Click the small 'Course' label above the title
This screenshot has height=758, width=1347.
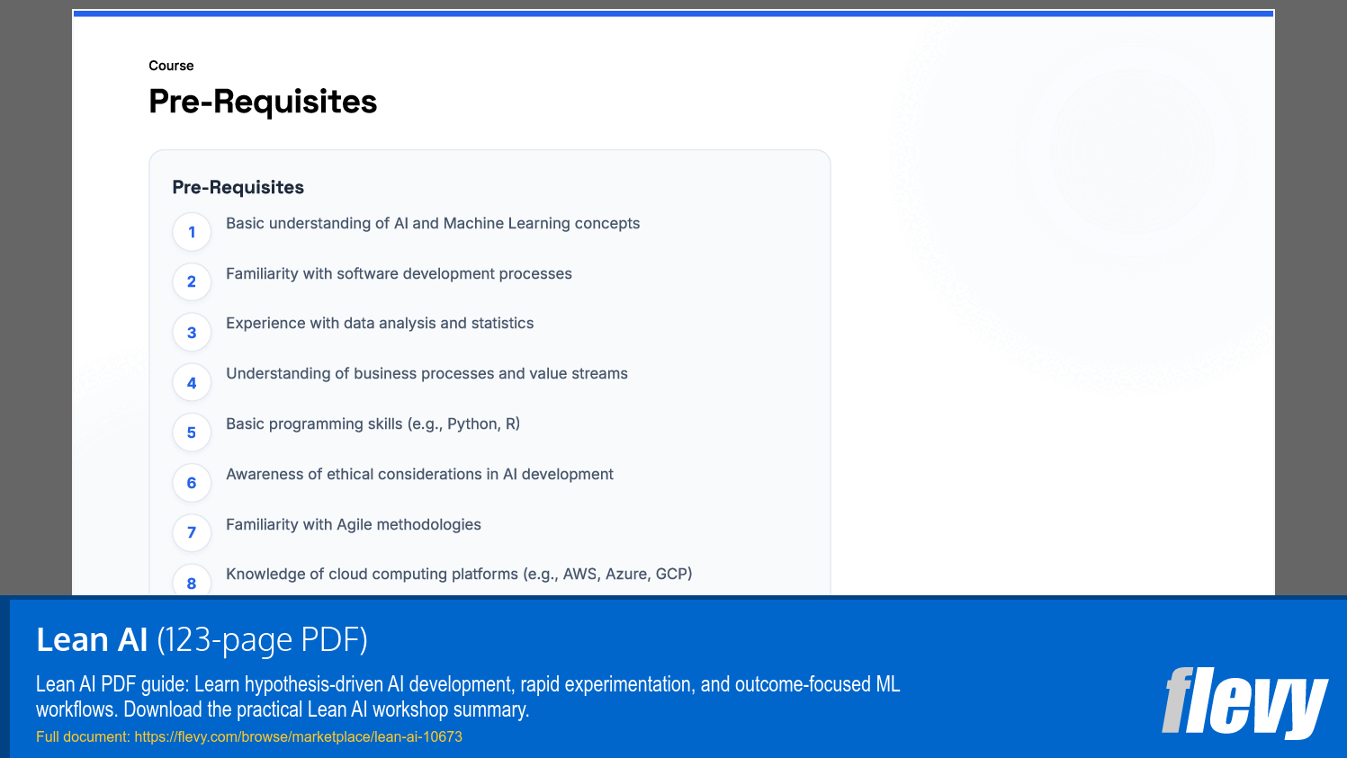click(x=171, y=66)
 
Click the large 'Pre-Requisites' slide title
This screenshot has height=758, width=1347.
click(x=263, y=102)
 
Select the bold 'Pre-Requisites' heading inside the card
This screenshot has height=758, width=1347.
click(x=238, y=187)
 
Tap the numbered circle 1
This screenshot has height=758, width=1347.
click(x=192, y=232)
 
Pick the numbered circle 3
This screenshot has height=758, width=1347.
click(x=192, y=333)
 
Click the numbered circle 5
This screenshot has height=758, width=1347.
click(x=192, y=433)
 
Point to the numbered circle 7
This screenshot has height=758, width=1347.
click(x=192, y=532)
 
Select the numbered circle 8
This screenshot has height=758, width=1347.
click(x=192, y=582)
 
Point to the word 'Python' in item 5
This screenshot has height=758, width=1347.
click(x=471, y=424)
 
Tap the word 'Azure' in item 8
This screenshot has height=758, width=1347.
click(x=625, y=574)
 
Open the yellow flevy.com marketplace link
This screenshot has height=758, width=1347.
click(x=298, y=736)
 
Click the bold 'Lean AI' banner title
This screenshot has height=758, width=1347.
click(x=92, y=639)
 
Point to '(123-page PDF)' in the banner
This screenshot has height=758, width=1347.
click(x=262, y=639)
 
